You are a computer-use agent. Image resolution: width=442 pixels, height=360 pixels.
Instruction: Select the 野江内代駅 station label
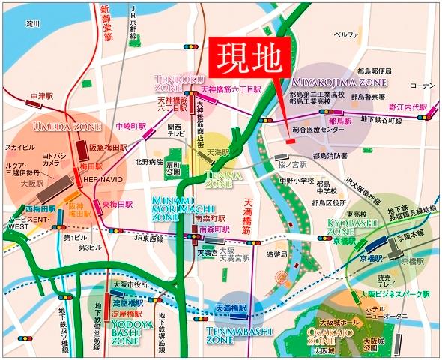405,107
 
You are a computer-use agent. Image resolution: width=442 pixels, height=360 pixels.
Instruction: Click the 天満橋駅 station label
231,307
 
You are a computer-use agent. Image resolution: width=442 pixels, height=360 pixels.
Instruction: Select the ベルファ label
345,35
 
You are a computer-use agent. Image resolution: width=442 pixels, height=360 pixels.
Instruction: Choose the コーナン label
422,85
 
